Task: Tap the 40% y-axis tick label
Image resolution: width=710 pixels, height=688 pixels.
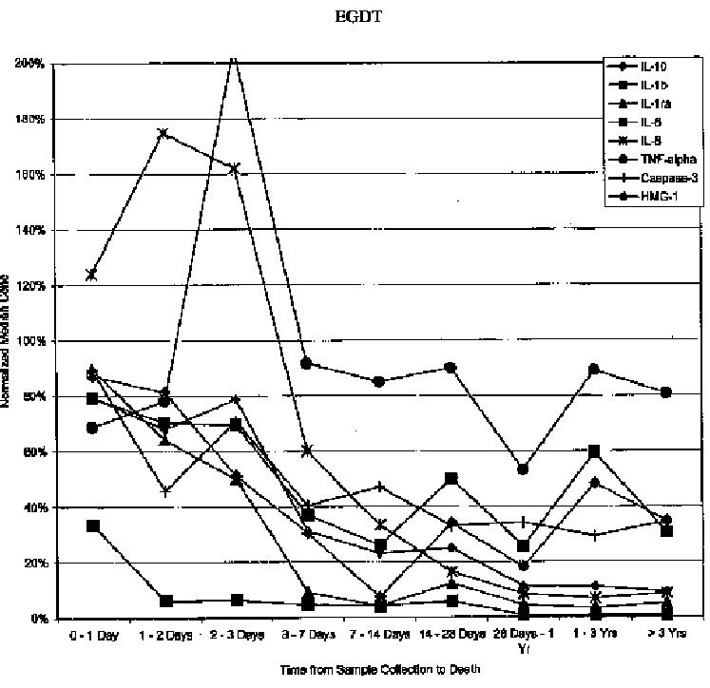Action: point(35,507)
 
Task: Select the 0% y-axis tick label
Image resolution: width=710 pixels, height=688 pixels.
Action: point(38,619)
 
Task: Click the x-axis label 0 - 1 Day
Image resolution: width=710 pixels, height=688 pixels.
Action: point(93,634)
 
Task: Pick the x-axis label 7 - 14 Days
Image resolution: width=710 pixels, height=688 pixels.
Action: point(378,634)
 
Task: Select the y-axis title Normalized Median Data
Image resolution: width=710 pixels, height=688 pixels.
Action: point(7,341)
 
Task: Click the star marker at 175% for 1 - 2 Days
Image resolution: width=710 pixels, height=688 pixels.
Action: point(163,133)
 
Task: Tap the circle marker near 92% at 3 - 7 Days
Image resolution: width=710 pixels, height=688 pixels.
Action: point(307,363)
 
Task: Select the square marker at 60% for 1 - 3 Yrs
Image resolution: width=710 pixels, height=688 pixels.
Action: point(594,451)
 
